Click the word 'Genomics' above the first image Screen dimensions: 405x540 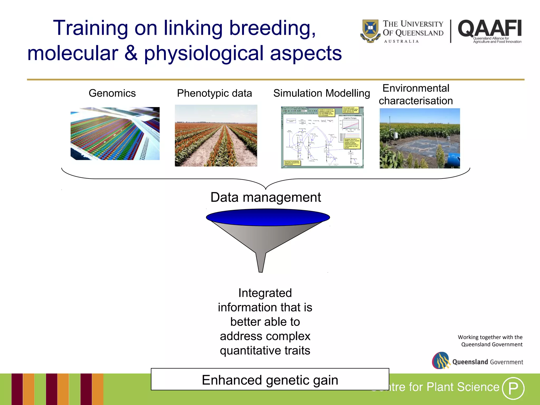pos(112,93)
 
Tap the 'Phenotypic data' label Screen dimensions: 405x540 pos(214,93)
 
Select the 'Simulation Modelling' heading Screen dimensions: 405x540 pos(321,93)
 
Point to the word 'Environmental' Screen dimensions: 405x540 pos(416,88)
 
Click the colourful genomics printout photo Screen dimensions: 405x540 pos(115,133)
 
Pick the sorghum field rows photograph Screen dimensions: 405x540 pos(216,136)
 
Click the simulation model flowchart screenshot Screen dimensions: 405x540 pos(322,137)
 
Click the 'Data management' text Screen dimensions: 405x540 pos(266,197)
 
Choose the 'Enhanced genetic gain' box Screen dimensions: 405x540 pos(270,380)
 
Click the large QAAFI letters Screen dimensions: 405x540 pos(490,28)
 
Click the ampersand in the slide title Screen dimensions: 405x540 pos(131,53)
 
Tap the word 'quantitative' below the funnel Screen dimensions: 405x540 pos(250,351)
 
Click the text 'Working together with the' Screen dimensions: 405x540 pos(490,337)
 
